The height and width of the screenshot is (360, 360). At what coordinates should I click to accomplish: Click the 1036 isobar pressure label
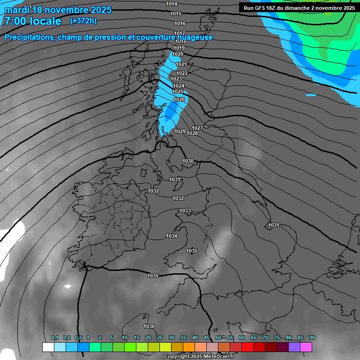coord(149,326)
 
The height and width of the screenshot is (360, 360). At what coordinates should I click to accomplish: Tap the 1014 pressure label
coord(172,4)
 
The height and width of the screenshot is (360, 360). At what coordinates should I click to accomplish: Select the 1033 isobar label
coord(185,211)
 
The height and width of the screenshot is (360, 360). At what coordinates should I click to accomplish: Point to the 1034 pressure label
coord(172,236)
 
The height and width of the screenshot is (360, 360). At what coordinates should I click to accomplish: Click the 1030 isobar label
coord(188,161)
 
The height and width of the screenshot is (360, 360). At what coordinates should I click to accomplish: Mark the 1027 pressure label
coord(197,128)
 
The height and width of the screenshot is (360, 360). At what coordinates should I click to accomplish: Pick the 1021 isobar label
coord(181,64)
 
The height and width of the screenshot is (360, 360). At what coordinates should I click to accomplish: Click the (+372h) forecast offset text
coord(83,21)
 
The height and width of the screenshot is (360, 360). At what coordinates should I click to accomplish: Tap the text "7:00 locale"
coord(33,21)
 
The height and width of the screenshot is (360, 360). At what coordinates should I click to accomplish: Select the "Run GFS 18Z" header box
coord(299,7)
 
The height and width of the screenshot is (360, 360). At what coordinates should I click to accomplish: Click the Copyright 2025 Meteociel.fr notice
coord(200,357)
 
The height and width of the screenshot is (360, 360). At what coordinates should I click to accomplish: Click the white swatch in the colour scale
coord(48,347)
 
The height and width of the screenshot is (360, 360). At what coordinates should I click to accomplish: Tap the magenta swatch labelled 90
coord(306,347)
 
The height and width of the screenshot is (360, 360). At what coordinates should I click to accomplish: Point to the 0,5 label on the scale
coord(78,338)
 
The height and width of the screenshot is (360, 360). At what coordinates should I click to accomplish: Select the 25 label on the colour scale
coord(160,338)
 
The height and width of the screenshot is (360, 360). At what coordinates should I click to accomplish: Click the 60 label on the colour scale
coord(242,338)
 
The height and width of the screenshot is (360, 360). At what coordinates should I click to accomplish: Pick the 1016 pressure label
coord(180,23)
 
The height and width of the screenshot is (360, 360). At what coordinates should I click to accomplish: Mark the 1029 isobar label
coord(180,131)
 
